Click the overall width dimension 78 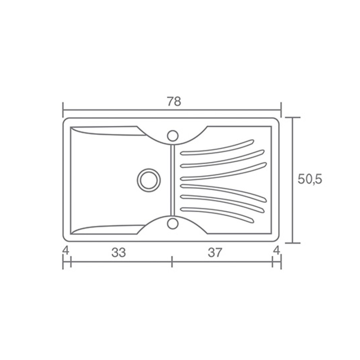tap(174, 102)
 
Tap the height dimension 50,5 tap(310, 179)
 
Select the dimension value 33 tap(119, 253)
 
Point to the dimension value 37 tap(215, 253)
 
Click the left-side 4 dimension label tap(66, 250)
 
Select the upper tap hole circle tap(173, 136)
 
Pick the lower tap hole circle tap(173, 224)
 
